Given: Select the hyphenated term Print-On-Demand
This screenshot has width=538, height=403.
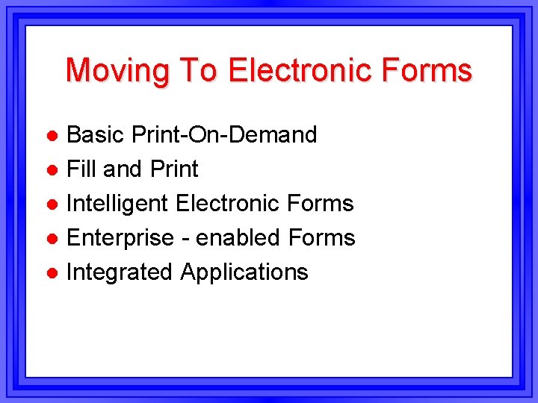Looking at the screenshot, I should pos(224,135).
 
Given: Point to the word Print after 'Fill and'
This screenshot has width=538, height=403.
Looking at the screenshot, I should pos(174,169).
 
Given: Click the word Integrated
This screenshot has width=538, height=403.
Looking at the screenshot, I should pos(120,272).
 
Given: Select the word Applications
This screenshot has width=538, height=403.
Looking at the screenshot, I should pos(244,272).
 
